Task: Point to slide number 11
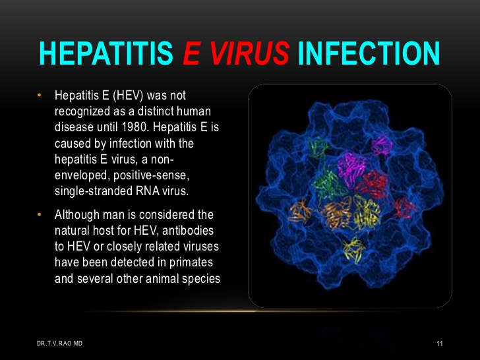(x=440, y=344)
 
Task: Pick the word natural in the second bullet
(x=72, y=231)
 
